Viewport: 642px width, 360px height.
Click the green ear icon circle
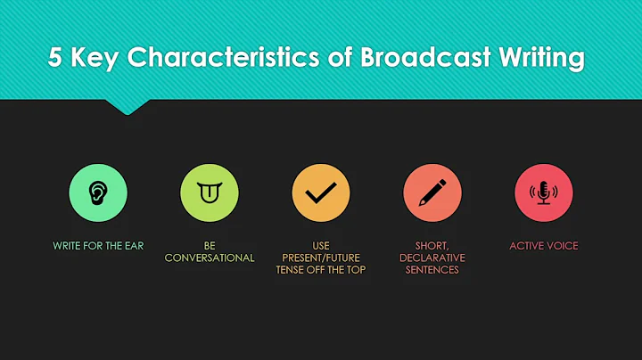point(98,192)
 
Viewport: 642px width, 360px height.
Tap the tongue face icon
point(210,192)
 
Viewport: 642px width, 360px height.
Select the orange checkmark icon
point(321,192)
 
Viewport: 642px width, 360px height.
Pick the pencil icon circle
point(432,192)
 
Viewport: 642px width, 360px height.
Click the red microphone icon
point(543,192)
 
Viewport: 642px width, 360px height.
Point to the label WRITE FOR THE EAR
point(98,245)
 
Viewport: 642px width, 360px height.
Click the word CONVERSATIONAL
point(210,258)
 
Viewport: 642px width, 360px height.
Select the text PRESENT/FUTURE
point(321,258)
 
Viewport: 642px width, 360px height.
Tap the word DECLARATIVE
point(432,258)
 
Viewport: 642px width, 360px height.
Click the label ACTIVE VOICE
point(543,245)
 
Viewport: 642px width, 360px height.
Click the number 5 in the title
point(55,59)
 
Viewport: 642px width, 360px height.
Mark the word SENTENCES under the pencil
point(432,270)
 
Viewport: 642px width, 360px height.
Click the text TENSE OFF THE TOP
point(321,270)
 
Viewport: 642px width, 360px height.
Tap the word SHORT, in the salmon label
point(432,245)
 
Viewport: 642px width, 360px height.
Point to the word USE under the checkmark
point(321,245)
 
